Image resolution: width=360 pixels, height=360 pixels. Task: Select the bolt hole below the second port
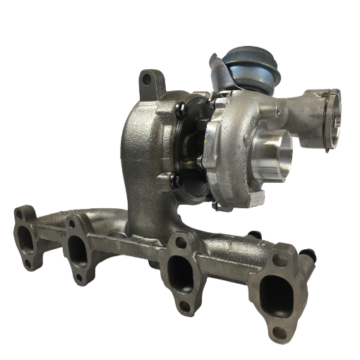tap(79, 277)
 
